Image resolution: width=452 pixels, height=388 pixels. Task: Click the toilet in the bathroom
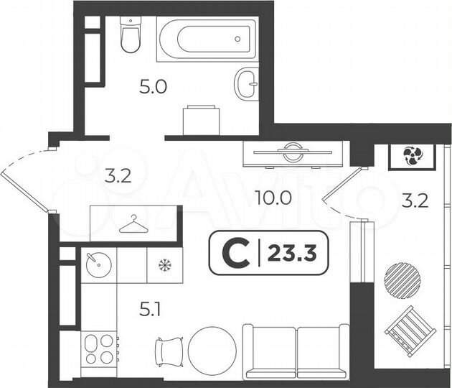[130, 36]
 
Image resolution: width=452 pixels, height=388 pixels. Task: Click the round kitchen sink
[96, 264]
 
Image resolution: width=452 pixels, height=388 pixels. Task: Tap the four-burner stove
[100, 349]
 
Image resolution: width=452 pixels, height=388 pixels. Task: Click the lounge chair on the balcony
[410, 331]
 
